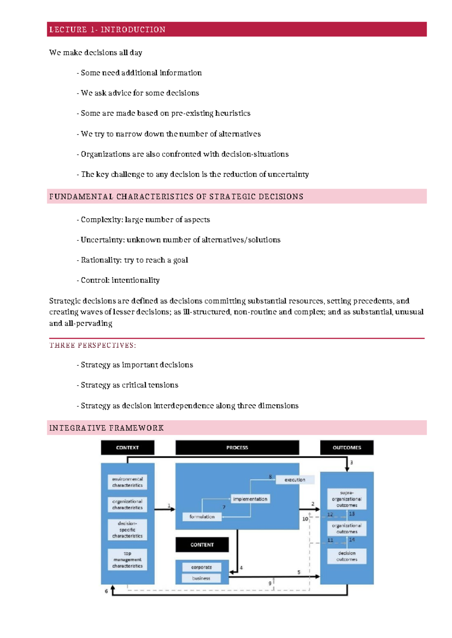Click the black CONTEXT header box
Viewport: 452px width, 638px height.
[127, 448]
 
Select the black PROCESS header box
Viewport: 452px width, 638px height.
[237, 448]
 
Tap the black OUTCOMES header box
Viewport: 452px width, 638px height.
[347, 448]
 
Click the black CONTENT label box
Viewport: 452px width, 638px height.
[202, 545]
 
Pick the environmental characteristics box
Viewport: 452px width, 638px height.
[127, 482]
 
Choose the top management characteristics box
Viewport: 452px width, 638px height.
[127, 560]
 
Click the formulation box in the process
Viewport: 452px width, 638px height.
[202, 517]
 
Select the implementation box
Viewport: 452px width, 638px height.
[250, 499]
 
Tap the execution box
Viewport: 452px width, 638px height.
[295, 480]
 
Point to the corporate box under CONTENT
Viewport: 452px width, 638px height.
[202, 567]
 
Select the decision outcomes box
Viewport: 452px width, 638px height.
[347, 556]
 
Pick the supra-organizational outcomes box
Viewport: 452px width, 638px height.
[347, 499]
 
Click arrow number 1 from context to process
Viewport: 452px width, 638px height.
[165, 509]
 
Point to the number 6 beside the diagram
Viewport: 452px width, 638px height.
[106, 591]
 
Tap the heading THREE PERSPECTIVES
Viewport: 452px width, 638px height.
[93, 345]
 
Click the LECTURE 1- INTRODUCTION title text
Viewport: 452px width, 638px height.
[107, 30]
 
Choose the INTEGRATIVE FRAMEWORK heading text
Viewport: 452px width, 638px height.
[107, 428]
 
